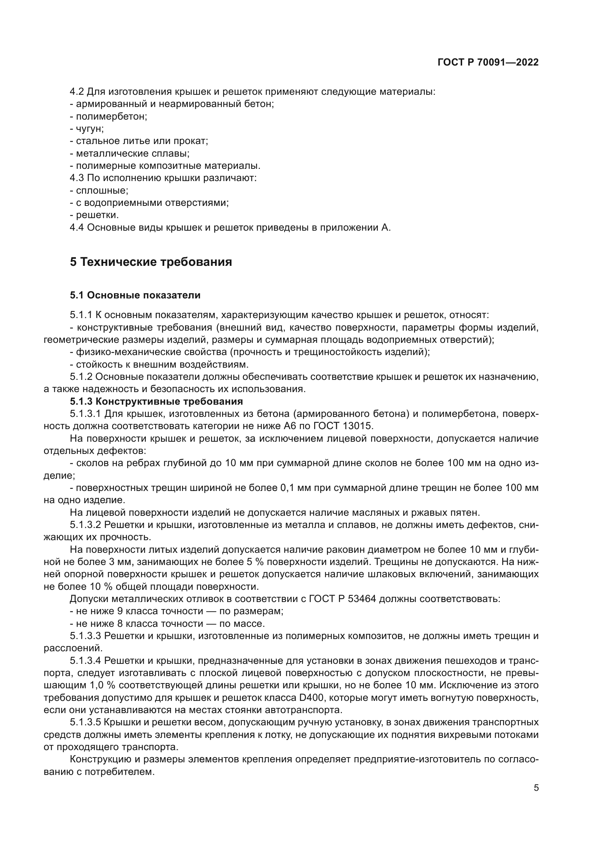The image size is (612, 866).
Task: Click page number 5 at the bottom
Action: tap(536, 788)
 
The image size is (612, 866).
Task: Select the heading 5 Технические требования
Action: tap(151, 261)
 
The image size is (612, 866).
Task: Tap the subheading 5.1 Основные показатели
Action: tap(135, 295)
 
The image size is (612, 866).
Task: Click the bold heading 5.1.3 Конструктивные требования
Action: tap(157, 401)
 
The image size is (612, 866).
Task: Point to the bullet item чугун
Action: tap(89, 128)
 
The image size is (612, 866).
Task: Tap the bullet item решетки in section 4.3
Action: tap(97, 215)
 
